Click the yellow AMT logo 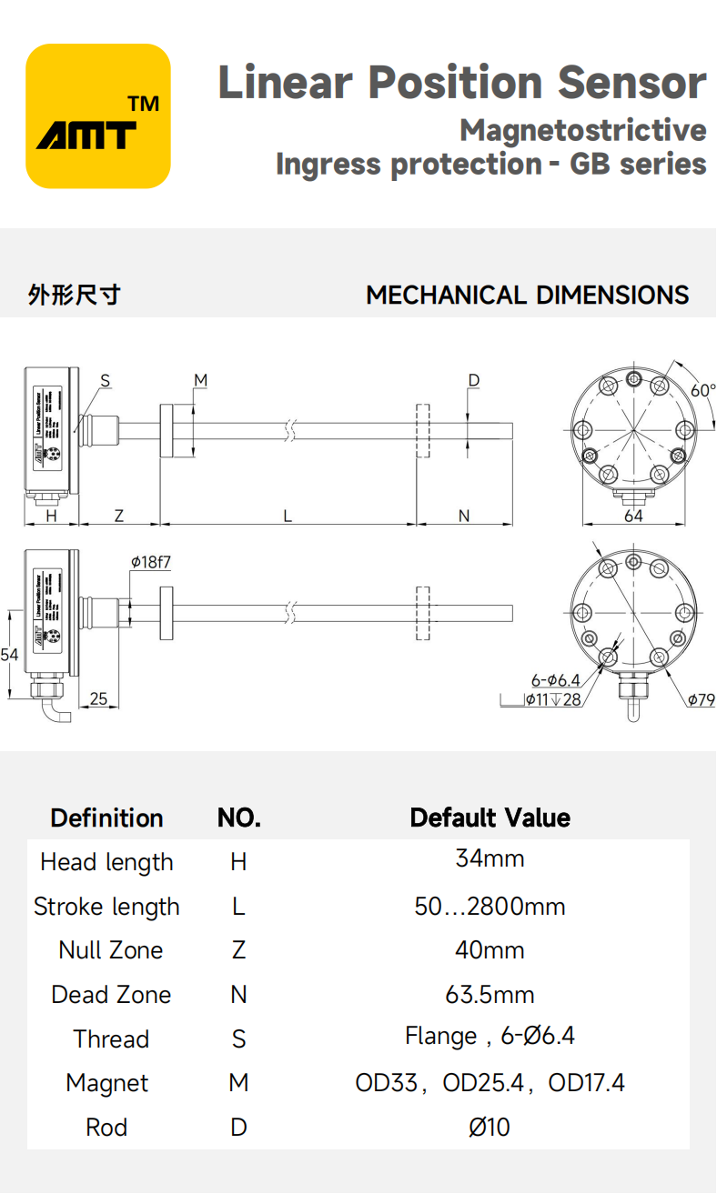98,116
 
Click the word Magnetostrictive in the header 582,130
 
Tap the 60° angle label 702,390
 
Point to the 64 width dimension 633,516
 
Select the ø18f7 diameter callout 150,563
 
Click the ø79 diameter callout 701,699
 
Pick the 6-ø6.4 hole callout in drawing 555,680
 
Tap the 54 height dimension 10,655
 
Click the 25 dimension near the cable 98,698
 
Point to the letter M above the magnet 200,380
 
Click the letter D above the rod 473,380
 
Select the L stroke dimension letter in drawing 288,516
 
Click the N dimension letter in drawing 463,516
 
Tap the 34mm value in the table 490,858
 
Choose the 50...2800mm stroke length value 490,907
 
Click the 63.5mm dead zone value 490,994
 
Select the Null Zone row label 110,950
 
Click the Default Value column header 490,818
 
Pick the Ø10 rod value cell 490,1128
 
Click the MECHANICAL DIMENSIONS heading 527,296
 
